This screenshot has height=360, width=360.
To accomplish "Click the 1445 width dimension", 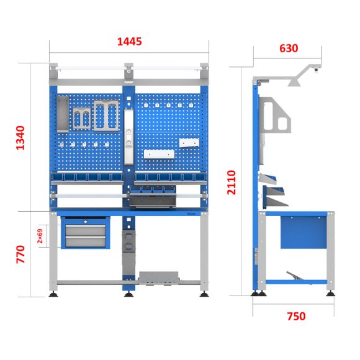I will pyautogui.click(x=130, y=42).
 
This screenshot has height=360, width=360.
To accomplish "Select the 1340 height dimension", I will pyautogui.click(x=20, y=138).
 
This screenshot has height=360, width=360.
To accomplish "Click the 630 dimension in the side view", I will pyautogui.click(x=289, y=48).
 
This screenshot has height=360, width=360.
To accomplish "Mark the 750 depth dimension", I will pyautogui.click(x=296, y=316).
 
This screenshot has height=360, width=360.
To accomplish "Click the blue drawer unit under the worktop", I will pyautogui.click(x=86, y=232).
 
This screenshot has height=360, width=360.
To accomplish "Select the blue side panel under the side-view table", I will pyautogui.click(x=302, y=232).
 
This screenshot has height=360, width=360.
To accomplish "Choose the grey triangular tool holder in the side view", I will pyautogui.click(x=277, y=118).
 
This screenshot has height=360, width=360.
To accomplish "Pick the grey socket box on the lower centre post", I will pyautogui.click(x=129, y=242).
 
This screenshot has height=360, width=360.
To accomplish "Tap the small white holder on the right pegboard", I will pyautogui.click(x=188, y=143).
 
